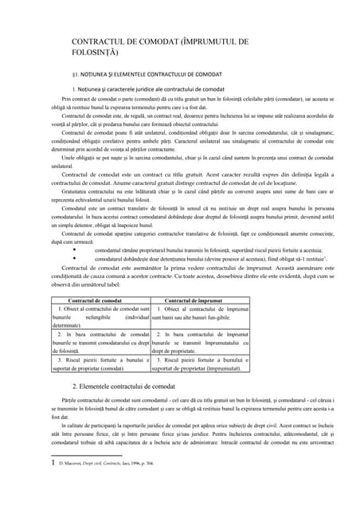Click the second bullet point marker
[x=74, y=281]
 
